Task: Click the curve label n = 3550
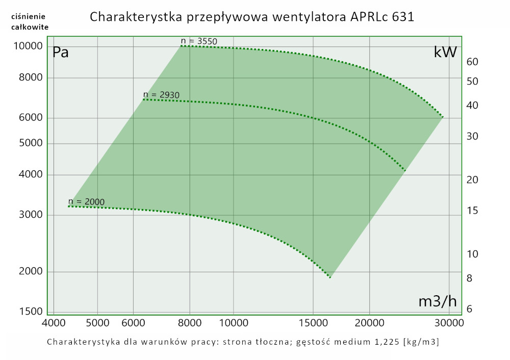(199, 41)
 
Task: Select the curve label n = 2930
(161, 94)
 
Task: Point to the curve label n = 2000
(86, 201)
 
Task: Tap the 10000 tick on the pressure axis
(28, 46)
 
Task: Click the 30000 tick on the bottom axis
(449, 323)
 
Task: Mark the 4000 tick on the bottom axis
(54, 323)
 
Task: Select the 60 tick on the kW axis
(472, 62)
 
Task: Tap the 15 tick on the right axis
(472, 211)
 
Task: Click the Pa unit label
(61, 52)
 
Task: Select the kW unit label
(445, 52)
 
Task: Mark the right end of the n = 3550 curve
(443, 117)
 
